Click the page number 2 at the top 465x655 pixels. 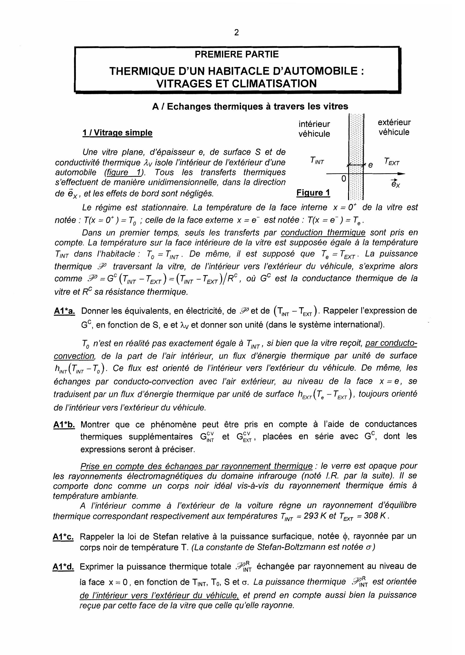point(236,33)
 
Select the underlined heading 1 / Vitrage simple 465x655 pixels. point(117,133)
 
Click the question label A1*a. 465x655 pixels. point(64,311)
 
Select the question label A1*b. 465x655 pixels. point(64,425)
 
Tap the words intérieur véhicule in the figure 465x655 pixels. point(314,129)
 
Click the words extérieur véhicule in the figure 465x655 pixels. point(394,127)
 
